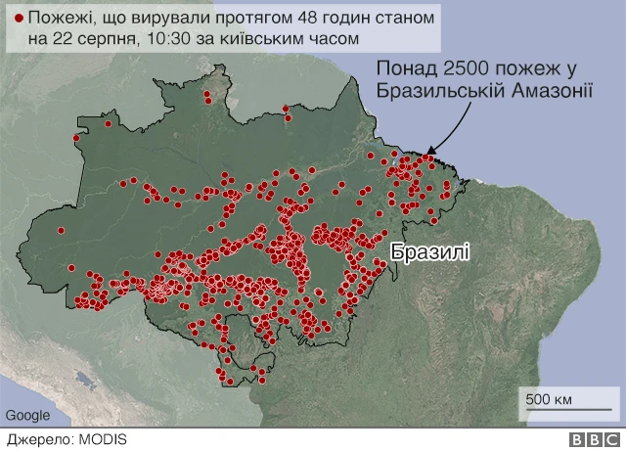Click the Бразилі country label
coord(429,251)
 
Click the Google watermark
coord(26,415)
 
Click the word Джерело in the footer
coord(38,440)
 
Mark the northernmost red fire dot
coord(207,97)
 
